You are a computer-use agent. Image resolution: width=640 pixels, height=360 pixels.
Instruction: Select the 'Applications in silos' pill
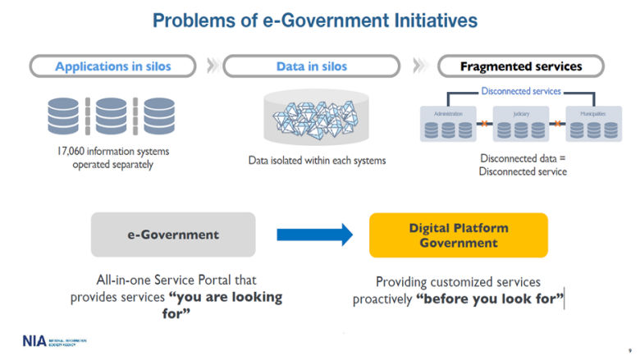click(x=113, y=66)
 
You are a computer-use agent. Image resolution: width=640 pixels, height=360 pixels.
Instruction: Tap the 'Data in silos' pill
click(x=311, y=66)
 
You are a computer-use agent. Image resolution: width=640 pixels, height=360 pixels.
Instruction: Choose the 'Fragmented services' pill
click(x=521, y=66)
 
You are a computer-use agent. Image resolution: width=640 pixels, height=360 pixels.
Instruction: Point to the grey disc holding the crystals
click(x=311, y=117)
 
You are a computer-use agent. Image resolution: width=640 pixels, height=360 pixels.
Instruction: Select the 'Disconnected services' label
click(x=521, y=91)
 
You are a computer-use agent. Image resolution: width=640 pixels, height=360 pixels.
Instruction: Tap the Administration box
click(x=448, y=124)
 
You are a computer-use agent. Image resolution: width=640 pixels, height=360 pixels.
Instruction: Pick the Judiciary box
click(x=520, y=124)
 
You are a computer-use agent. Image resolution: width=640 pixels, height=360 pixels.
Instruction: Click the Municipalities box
click(x=593, y=124)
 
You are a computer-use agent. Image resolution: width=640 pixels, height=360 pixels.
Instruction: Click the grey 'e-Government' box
click(x=173, y=235)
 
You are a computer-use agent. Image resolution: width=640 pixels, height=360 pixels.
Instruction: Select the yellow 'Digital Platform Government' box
click(x=459, y=235)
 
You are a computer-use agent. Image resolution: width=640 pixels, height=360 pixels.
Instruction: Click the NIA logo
click(x=35, y=339)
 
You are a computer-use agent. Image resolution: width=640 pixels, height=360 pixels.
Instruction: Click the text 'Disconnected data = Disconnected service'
click(x=523, y=164)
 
